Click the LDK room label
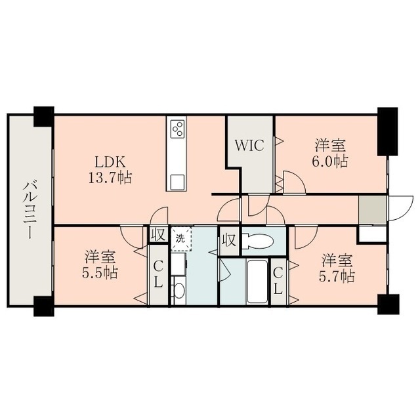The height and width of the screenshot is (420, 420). pyautogui.click(x=110, y=162)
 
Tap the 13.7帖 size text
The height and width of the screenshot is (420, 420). pyautogui.click(x=110, y=177)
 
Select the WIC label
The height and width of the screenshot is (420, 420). pyautogui.click(x=249, y=146)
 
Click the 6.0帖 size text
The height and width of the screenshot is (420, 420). pyautogui.click(x=330, y=161)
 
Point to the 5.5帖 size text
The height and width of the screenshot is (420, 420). pyautogui.click(x=100, y=272)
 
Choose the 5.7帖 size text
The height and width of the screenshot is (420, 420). pyautogui.click(x=337, y=276)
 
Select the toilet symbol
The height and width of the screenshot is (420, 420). pyautogui.click(x=257, y=241)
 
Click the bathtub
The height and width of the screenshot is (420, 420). pyautogui.click(x=257, y=282)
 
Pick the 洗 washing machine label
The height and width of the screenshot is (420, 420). pyautogui.click(x=180, y=239)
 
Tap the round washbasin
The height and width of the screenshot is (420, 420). pyautogui.click(x=179, y=290)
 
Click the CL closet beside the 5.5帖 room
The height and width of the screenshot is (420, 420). pyautogui.click(x=158, y=274)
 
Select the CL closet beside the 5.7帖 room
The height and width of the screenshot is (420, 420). pyautogui.click(x=278, y=282)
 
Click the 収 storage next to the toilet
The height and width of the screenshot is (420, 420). pyautogui.click(x=229, y=241)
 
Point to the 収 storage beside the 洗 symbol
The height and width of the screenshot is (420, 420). pyautogui.click(x=158, y=235)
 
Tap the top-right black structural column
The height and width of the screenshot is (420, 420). pyautogui.click(x=387, y=131)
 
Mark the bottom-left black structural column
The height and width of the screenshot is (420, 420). pyautogui.click(x=44, y=306)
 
